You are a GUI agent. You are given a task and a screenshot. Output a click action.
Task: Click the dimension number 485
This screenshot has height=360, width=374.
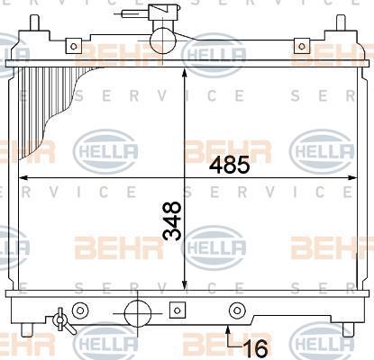(229, 165)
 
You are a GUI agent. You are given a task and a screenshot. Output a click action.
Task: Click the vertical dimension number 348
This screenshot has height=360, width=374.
(172, 221)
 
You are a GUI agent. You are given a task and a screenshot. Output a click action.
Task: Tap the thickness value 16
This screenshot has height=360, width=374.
(256, 348)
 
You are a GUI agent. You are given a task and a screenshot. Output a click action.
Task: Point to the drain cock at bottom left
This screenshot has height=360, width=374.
(63, 321)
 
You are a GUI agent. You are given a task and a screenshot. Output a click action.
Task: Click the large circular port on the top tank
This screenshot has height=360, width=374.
(162, 40)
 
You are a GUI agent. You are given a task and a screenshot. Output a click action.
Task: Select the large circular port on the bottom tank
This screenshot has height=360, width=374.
(137, 313)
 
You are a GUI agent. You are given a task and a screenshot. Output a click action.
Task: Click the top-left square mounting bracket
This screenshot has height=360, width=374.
(74, 46)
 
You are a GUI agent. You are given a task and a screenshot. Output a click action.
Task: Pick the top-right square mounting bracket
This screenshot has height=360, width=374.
(302, 46)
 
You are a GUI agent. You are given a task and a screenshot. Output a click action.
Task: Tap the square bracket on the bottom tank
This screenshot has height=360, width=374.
(178, 310)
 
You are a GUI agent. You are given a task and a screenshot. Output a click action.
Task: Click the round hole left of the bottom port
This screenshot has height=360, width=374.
(80, 310)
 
